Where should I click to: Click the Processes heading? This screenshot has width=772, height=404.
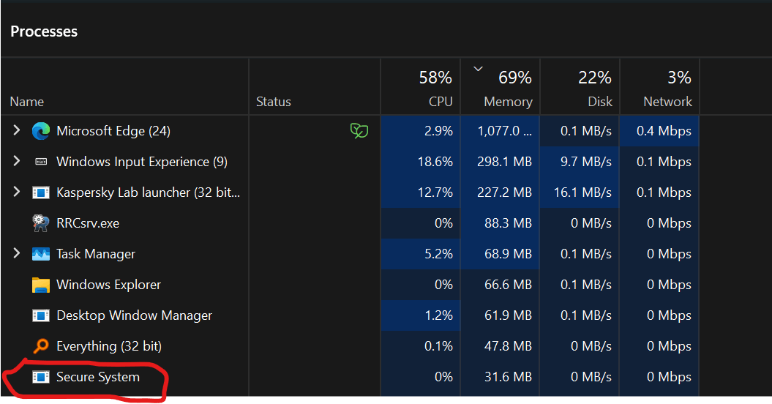[x=44, y=31]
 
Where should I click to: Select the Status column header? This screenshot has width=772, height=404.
[x=274, y=102]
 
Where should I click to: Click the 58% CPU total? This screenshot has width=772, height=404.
[x=435, y=77]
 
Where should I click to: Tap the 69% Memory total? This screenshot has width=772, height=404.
[x=514, y=77]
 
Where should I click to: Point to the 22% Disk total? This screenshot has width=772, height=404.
[x=594, y=77]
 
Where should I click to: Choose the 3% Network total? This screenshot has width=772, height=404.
[x=679, y=77]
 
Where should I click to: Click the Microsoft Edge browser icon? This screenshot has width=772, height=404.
[x=41, y=131]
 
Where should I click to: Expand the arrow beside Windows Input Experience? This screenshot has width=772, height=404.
[x=17, y=162]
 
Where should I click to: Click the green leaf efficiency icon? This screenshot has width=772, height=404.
[x=359, y=131]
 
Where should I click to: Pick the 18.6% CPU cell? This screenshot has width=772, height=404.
[x=435, y=162]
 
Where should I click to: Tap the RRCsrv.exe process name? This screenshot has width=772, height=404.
[x=87, y=223]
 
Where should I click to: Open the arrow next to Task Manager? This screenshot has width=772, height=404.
[x=17, y=254]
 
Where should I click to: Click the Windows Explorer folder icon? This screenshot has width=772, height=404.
[x=41, y=285]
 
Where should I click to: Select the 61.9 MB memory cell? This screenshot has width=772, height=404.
[x=508, y=315]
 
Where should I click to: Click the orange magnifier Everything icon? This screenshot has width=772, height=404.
[x=41, y=346]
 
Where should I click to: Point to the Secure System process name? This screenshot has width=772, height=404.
[x=97, y=377]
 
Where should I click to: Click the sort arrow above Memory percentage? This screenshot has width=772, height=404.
[x=479, y=69]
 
